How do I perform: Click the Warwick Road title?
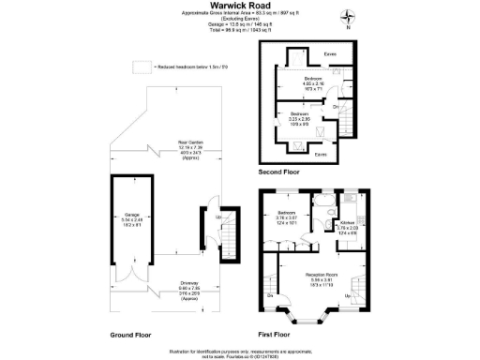240,5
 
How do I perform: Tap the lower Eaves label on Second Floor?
321,153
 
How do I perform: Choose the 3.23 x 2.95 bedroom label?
300,118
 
